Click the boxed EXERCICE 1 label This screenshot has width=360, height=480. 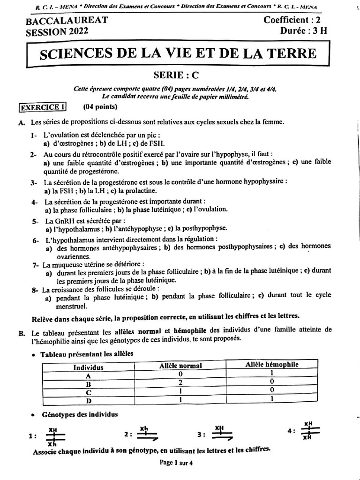click(x=42, y=107)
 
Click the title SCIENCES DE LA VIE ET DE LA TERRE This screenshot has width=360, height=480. click(x=178, y=54)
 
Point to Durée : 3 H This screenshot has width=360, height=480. click(x=304, y=31)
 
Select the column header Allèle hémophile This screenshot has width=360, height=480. click(x=272, y=365)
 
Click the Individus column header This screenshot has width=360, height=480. click(x=88, y=367)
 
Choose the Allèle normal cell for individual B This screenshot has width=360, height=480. click(x=180, y=382)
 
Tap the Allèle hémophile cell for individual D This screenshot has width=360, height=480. click(x=272, y=399)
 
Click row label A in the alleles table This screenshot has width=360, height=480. click(x=88, y=375)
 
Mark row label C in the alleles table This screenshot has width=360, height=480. click(x=88, y=391)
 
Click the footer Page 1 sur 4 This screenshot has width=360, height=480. click(x=176, y=462)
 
